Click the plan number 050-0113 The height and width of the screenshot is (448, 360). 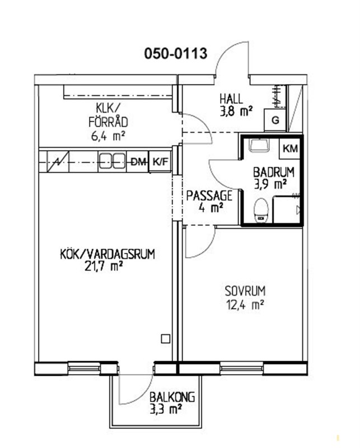click(x=175, y=54)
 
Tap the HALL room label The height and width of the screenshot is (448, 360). click(x=231, y=99)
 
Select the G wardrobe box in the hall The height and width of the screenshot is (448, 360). click(x=275, y=120)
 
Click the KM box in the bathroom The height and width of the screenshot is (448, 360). click(x=289, y=148)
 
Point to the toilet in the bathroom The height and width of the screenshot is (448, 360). click(x=261, y=211)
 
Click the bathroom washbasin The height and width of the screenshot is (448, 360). click(x=259, y=145)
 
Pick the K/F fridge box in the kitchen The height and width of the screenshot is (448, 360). click(x=160, y=162)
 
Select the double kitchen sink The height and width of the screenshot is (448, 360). click(x=112, y=162)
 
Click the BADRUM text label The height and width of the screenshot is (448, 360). click(x=274, y=172)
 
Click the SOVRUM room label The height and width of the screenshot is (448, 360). click(x=245, y=291)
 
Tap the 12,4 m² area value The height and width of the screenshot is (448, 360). click(x=245, y=305)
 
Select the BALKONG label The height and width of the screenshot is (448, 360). click(x=172, y=397)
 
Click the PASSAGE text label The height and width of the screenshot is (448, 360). click(x=209, y=195)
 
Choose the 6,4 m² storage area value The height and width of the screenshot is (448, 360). click(x=108, y=136)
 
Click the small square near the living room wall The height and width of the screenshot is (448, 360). click(x=165, y=339)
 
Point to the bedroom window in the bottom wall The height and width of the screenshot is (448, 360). click(x=241, y=368)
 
